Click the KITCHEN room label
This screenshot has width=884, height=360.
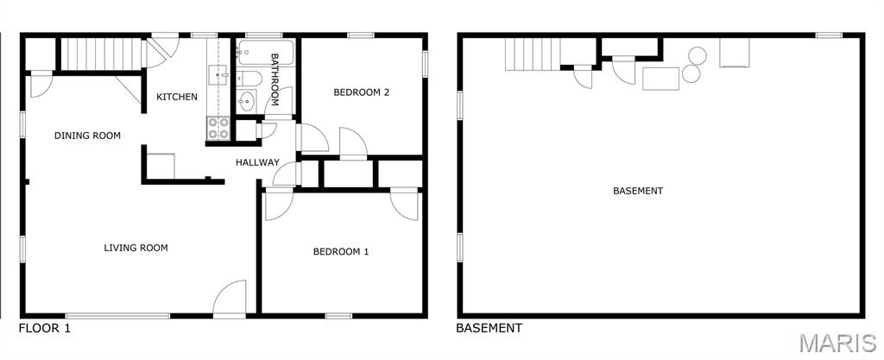point(177,97)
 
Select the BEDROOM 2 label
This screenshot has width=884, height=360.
point(361,92)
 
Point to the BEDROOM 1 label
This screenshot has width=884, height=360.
point(341,252)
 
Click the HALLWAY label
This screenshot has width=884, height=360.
point(257,162)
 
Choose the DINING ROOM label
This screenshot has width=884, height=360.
point(87,136)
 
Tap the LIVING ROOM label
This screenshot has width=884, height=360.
point(136,248)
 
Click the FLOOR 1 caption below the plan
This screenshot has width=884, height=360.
point(45,328)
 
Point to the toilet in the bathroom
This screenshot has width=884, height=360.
point(249,80)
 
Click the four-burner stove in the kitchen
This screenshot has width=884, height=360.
point(218,128)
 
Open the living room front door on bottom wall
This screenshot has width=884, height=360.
point(230,299)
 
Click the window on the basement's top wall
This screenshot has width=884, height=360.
point(829,35)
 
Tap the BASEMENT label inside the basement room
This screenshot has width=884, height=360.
point(638,191)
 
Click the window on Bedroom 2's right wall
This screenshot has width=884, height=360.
point(425,64)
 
